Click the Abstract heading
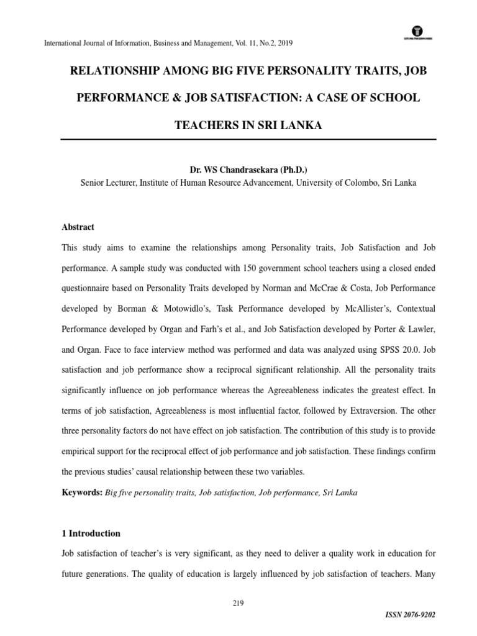coord(78,227)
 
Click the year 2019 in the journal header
coord(283,43)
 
